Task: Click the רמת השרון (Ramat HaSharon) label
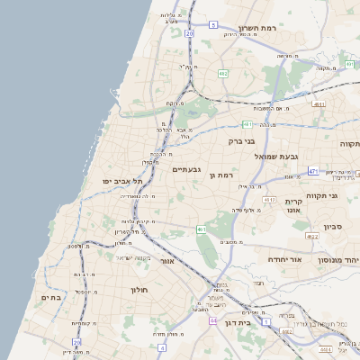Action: [262, 29]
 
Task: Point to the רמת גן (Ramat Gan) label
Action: [221, 175]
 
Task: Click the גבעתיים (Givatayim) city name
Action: [186, 168]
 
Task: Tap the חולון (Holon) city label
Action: [139, 290]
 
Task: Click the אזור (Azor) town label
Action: [166, 261]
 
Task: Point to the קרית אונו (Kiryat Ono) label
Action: [292, 207]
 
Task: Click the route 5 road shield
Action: [213, 25]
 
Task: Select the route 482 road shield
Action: [221, 73]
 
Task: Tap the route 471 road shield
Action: [313, 170]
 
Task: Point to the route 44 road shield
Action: [213, 320]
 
